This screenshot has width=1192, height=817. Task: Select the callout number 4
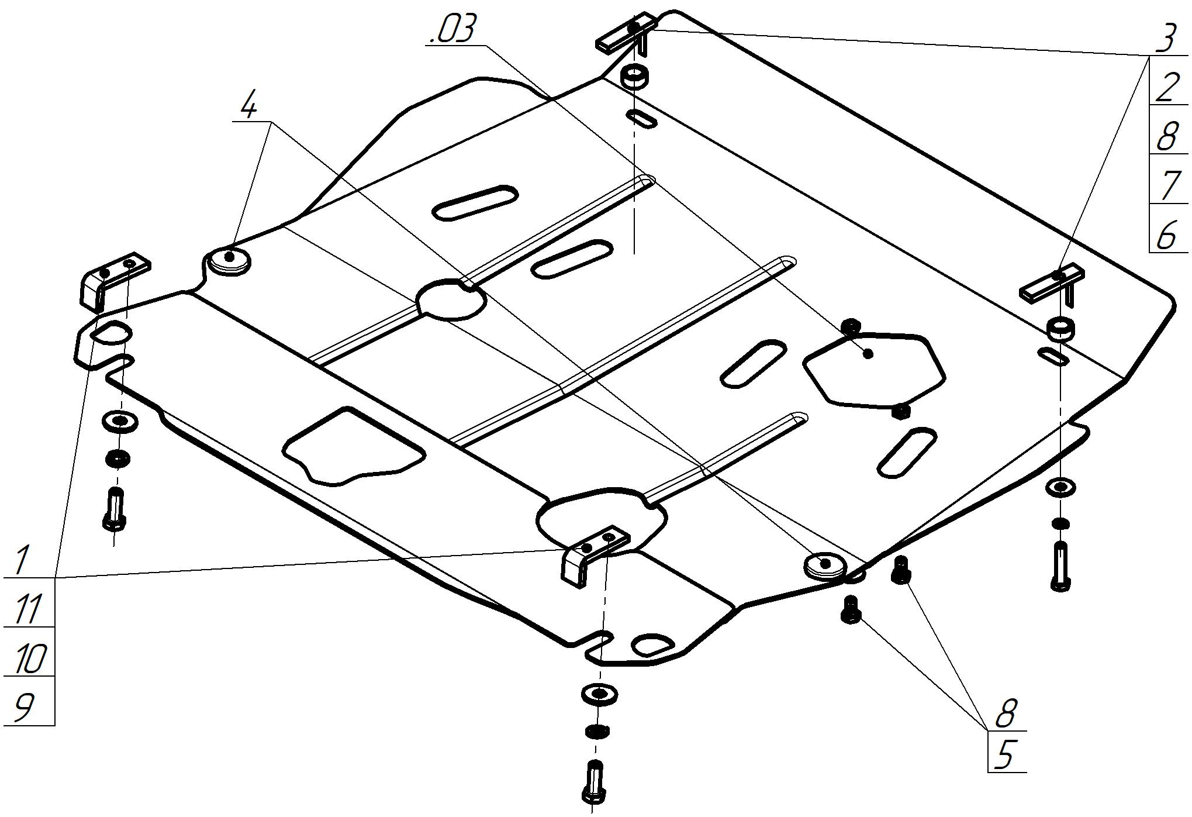pyautogui.click(x=249, y=106)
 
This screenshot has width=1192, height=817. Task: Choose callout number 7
pyautogui.click(x=1167, y=186)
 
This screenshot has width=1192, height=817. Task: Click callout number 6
pyautogui.click(x=1166, y=235)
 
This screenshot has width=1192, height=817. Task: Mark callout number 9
pyautogui.click(x=23, y=708)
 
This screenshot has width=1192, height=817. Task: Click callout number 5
pyautogui.click(x=1004, y=755)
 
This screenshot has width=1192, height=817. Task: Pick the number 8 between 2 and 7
pyautogui.click(x=1166, y=137)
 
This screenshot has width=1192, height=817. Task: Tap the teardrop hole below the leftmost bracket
pyautogui.click(x=111, y=333)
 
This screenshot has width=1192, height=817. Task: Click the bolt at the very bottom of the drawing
pyautogui.click(x=593, y=784)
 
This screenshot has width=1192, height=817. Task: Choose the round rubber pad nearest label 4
pyautogui.click(x=228, y=260)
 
